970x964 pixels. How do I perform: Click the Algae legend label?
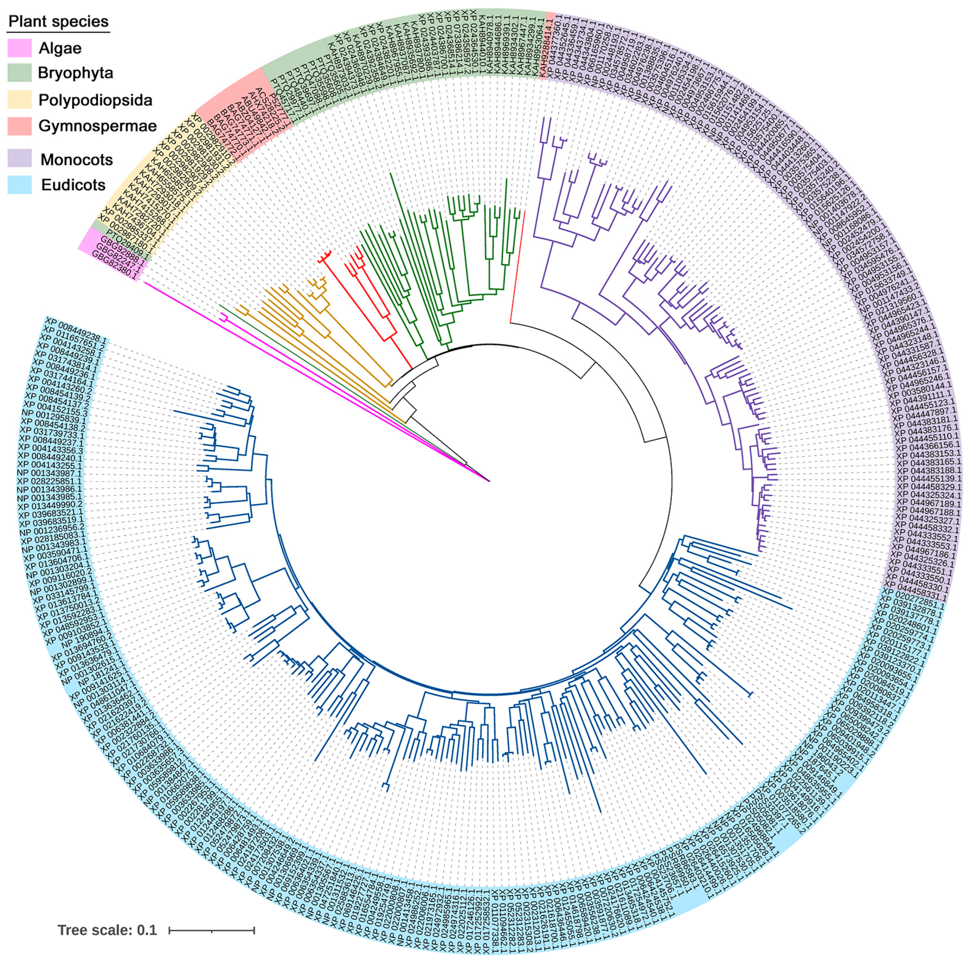(60, 48)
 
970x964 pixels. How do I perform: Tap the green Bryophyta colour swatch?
(20, 73)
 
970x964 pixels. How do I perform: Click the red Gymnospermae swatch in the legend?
(20, 126)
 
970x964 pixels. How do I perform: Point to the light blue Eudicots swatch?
(20, 185)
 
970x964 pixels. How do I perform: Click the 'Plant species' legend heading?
(59, 22)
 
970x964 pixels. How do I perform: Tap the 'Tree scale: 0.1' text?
(107, 930)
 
